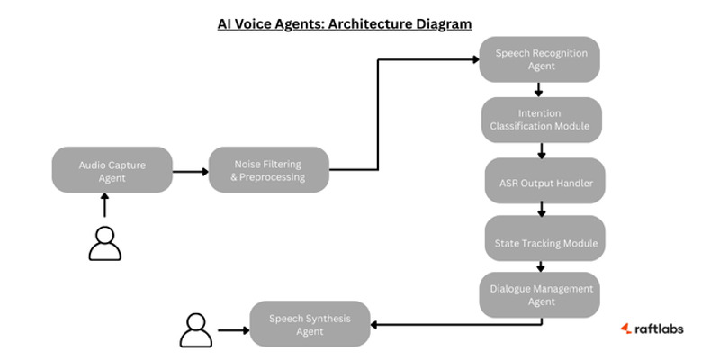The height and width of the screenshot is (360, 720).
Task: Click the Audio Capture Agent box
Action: coord(112,170)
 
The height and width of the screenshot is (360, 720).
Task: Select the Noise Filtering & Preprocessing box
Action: coord(269,170)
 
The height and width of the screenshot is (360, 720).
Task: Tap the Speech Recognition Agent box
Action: coord(540,59)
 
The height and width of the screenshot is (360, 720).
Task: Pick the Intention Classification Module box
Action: coord(540,120)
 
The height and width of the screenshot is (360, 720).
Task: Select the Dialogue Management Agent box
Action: coord(540,294)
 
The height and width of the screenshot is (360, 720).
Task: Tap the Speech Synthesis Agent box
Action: coord(310,324)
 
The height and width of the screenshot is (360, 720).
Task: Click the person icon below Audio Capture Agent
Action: coord(104,244)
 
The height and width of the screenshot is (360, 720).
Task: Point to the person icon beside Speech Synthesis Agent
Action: coord(196,330)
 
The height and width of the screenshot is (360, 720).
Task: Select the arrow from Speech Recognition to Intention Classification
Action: coord(538,90)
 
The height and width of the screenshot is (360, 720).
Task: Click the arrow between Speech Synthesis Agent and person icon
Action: coord(233,330)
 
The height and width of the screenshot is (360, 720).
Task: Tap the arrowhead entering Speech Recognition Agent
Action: coord(474,59)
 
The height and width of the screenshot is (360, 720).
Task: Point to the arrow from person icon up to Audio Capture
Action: coord(104,207)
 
